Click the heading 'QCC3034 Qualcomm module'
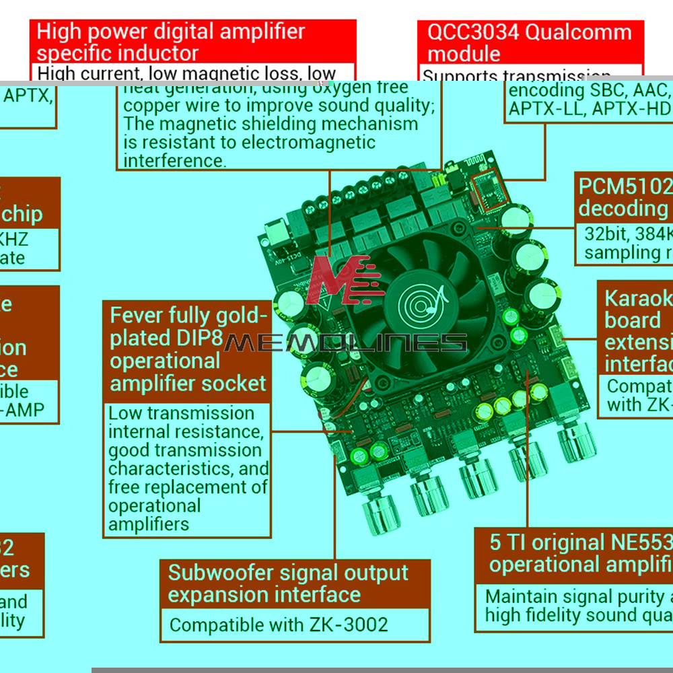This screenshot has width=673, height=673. coord(530,42)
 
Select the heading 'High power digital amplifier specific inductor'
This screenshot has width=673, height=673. coord(171,42)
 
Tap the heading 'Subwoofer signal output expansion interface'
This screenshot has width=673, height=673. coord(288,583)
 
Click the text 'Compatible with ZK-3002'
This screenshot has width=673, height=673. coord(279,625)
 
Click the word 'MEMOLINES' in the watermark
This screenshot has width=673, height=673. coord(345,343)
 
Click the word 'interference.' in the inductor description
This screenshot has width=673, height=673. coord(174,160)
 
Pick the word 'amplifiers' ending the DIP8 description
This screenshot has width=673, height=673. coord(149,524)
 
